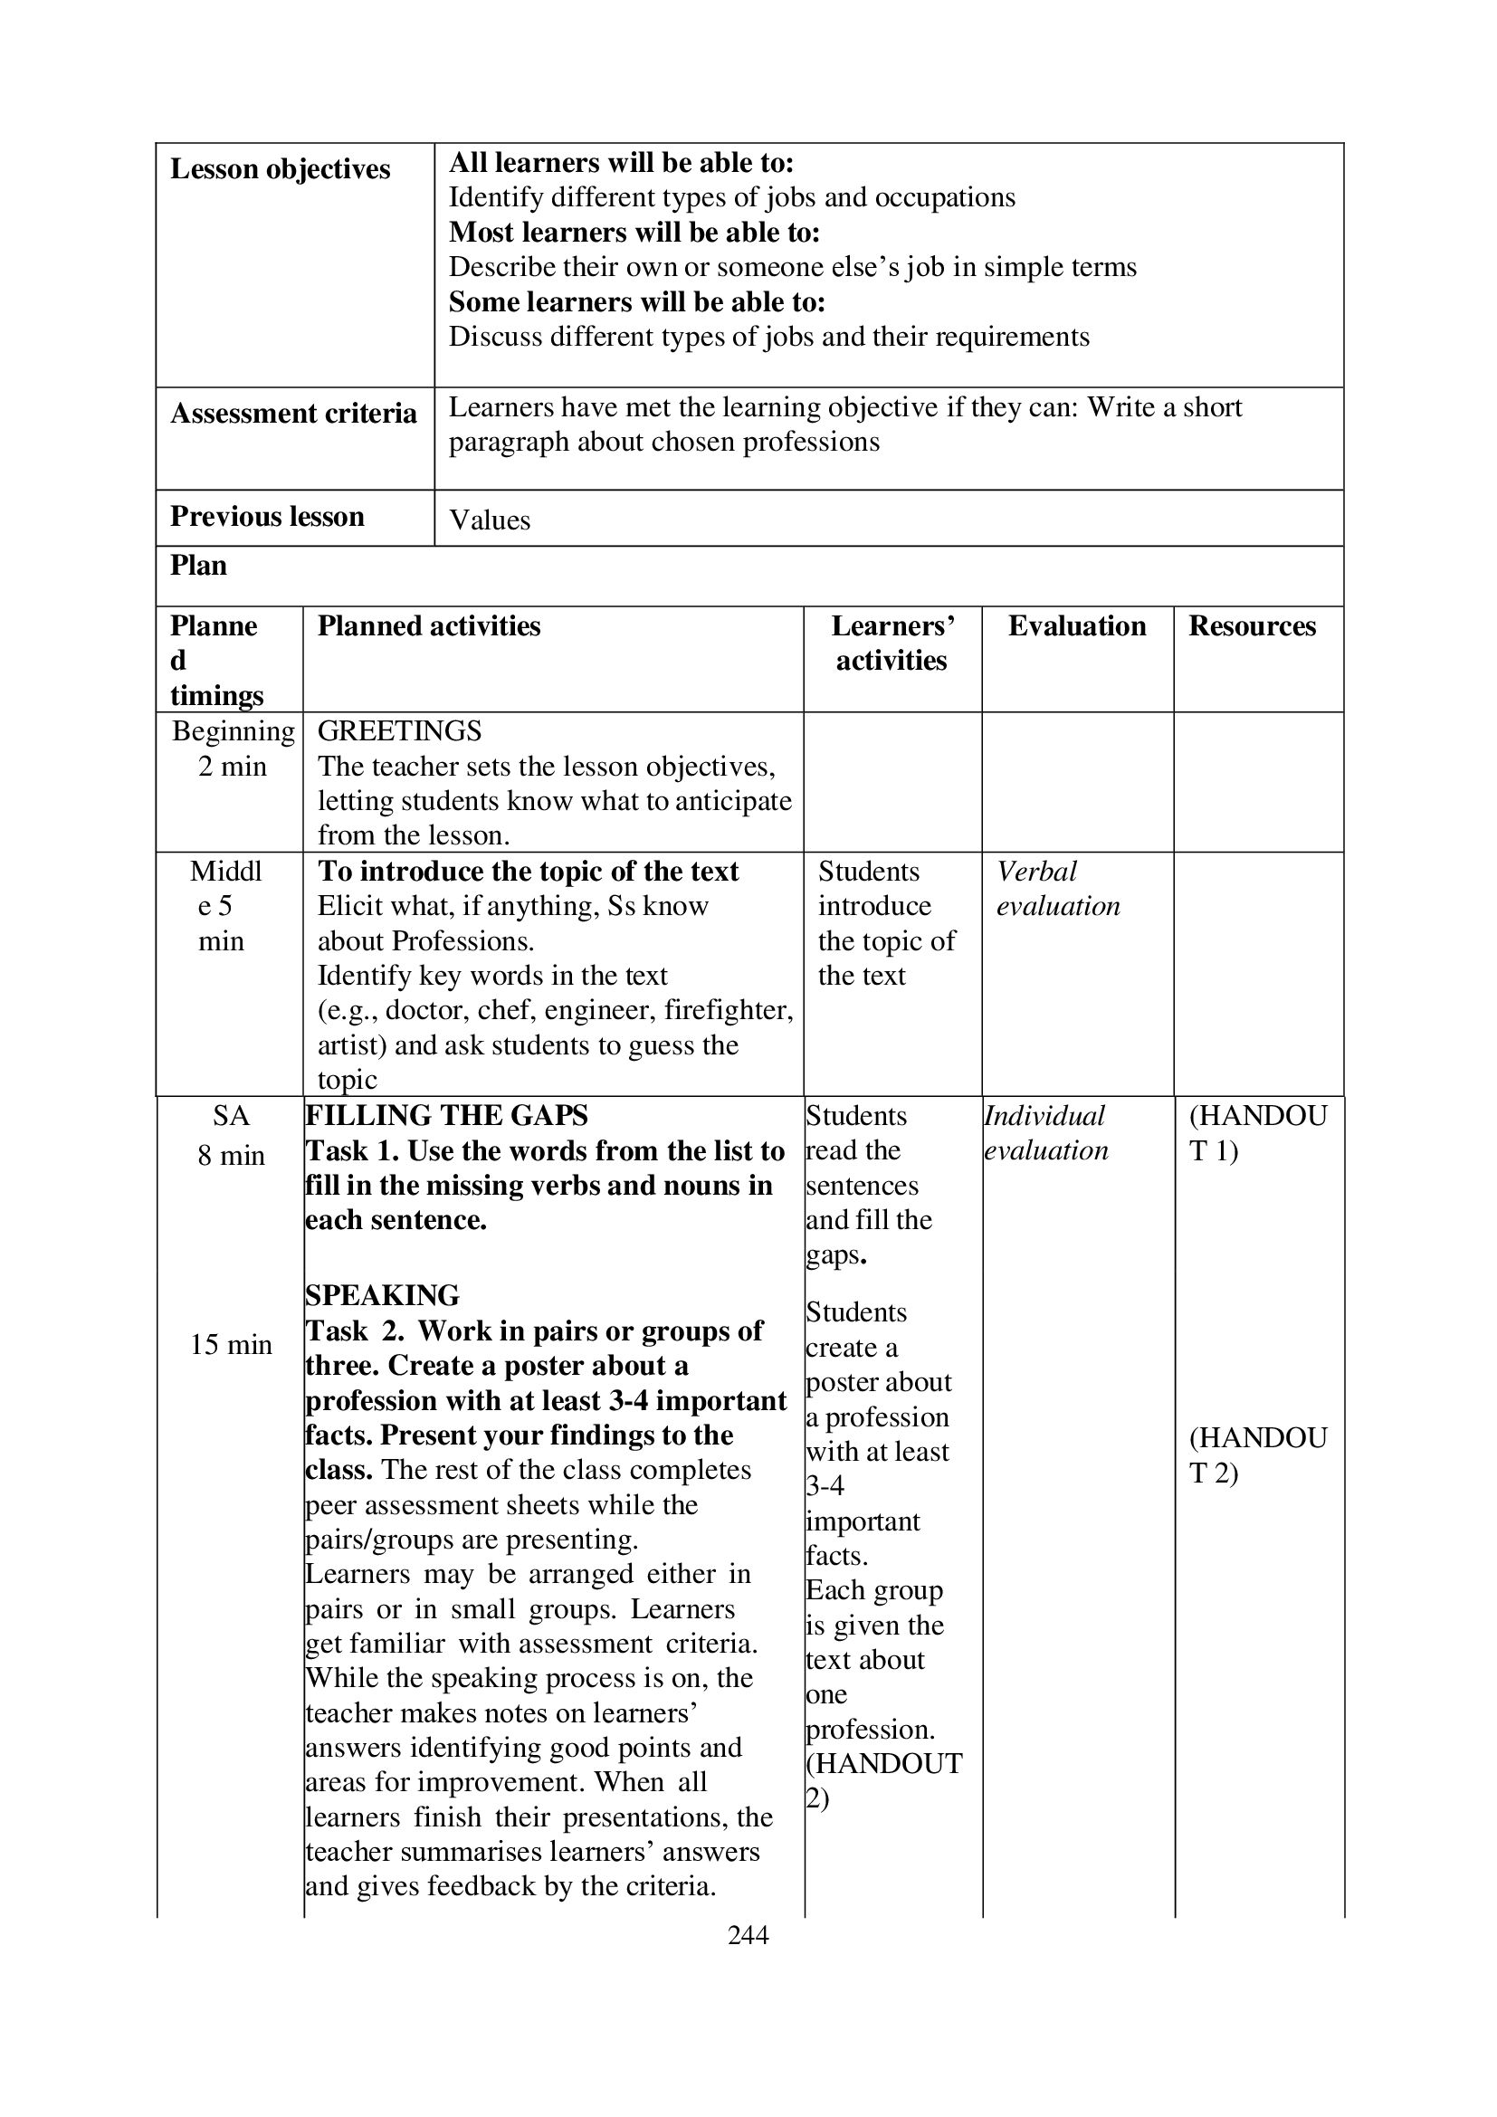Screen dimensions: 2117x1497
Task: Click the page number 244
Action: click(x=748, y=1934)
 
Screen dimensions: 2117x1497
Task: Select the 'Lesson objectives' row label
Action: click(x=281, y=169)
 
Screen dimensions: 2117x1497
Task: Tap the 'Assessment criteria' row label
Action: click(x=293, y=413)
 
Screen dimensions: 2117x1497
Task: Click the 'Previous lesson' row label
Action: click(x=267, y=516)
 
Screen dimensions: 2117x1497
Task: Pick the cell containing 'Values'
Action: click(x=490, y=520)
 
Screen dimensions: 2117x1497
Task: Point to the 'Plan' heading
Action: click(x=198, y=565)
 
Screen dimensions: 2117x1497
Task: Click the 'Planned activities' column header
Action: click(x=429, y=626)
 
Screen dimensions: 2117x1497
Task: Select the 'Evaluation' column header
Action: click(x=1077, y=626)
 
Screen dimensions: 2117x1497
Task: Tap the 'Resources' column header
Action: click(x=1252, y=626)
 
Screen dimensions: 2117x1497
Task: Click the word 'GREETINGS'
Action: click(x=399, y=731)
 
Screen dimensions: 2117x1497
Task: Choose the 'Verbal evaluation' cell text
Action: click(x=1057, y=889)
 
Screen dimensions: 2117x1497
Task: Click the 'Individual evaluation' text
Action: click(x=1045, y=1133)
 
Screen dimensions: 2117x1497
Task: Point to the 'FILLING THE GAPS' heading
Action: click(x=446, y=1116)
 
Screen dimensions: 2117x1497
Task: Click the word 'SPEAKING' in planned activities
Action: click(x=383, y=1295)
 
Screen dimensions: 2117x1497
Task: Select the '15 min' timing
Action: click(x=231, y=1344)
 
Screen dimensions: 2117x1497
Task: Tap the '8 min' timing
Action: click(x=231, y=1155)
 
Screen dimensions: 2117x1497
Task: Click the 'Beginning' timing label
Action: click(x=234, y=731)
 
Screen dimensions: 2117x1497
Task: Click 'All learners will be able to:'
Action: click(x=621, y=163)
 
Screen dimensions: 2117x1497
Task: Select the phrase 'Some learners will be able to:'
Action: click(x=637, y=302)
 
